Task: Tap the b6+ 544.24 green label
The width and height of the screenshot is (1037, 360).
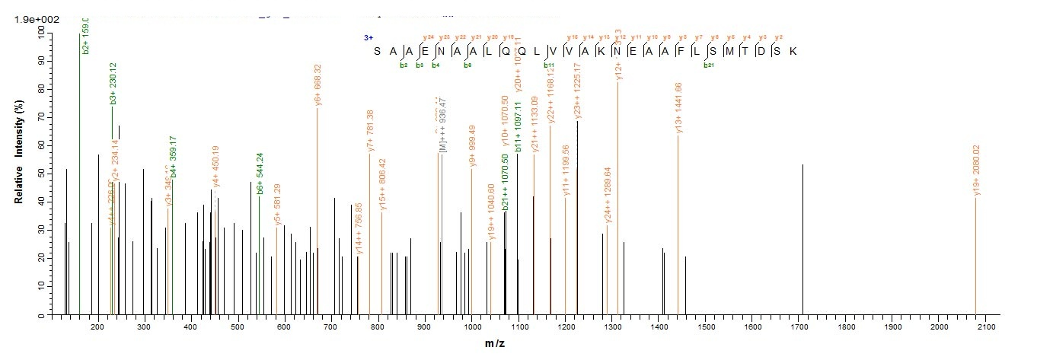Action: [x=260, y=174]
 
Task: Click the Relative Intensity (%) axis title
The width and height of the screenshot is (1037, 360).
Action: [x=18, y=174]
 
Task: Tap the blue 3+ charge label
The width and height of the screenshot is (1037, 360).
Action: [x=369, y=37]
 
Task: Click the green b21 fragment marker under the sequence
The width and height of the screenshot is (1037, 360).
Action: [x=709, y=65]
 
